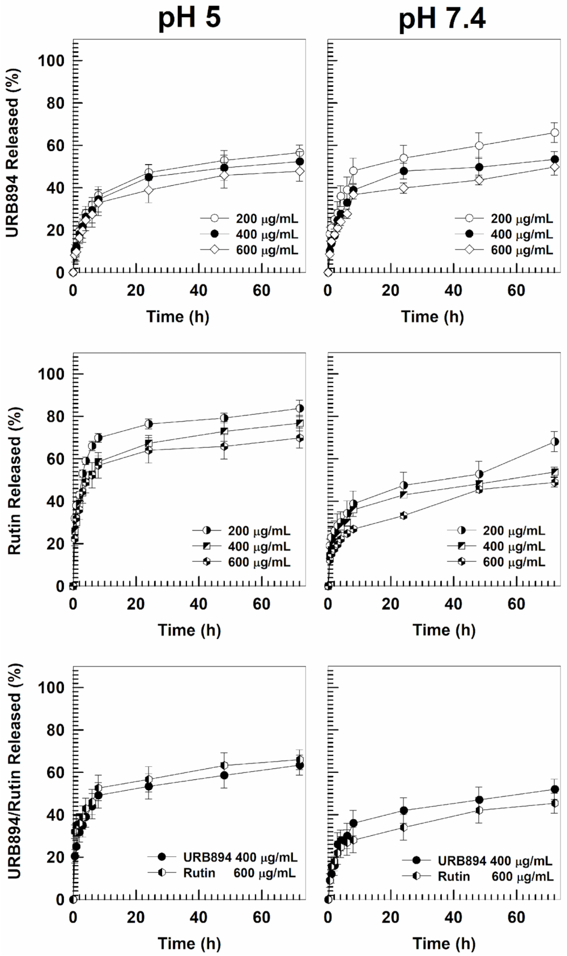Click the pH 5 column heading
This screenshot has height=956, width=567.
click(x=189, y=18)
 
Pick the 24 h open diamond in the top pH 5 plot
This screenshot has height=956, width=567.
click(x=149, y=190)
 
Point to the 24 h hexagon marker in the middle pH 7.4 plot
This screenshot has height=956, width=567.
click(x=403, y=516)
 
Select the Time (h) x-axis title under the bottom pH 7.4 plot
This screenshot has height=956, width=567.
click(x=444, y=943)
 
